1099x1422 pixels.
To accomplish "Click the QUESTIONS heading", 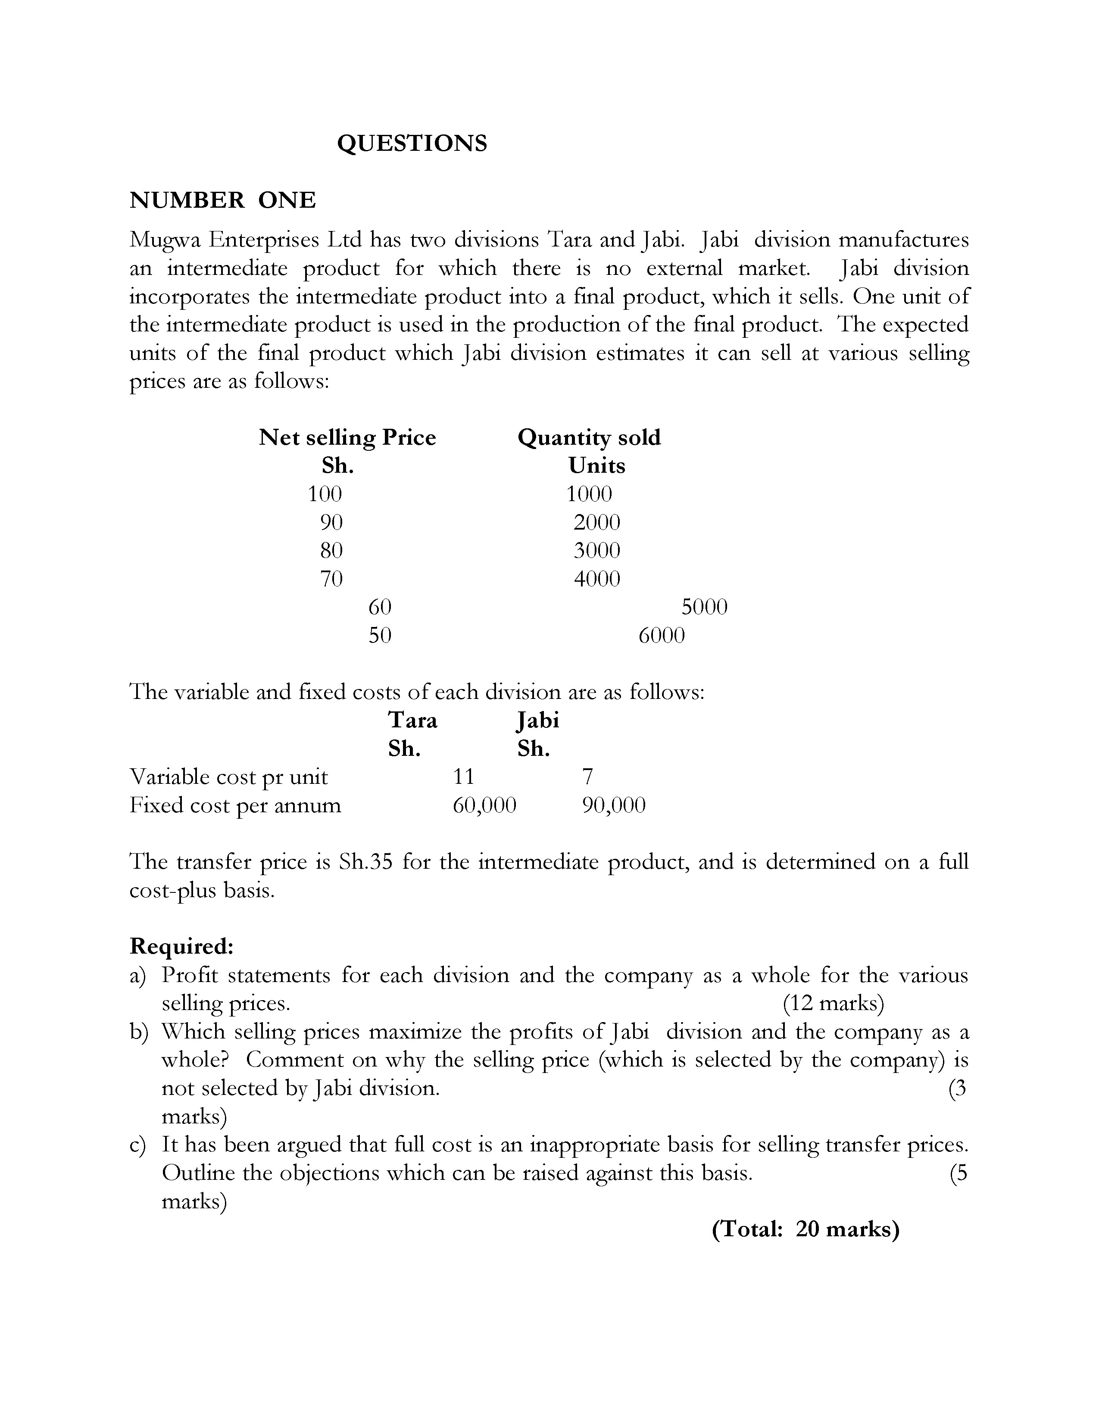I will [412, 143].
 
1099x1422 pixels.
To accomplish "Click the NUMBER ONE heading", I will [223, 200].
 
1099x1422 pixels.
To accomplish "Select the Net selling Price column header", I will [347, 437].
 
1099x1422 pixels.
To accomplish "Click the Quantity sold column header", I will [589, 437].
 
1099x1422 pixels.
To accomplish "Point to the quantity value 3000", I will [596, 550].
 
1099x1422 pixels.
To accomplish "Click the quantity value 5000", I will [704, 607].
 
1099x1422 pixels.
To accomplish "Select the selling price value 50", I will [380, 635].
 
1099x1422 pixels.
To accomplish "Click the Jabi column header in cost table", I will [538, 720].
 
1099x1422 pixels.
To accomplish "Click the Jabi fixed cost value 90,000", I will [613, 805].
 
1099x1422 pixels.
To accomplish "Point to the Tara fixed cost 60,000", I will [484, 805].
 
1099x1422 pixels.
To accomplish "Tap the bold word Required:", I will [181, 945].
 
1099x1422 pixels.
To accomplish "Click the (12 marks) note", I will [833, 1003].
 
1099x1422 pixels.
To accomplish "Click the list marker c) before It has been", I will [138, 1144].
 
